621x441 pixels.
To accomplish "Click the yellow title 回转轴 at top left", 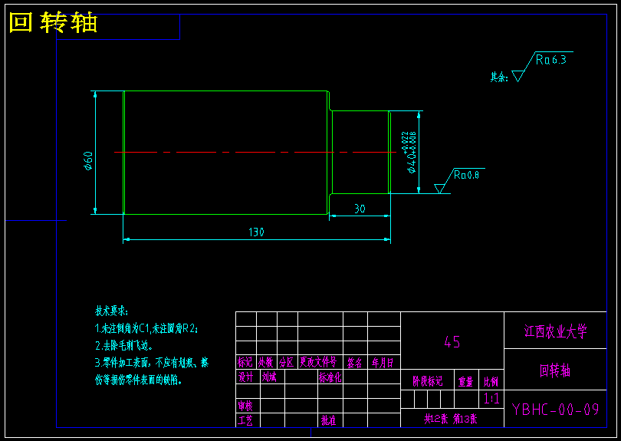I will [x=53, y=23].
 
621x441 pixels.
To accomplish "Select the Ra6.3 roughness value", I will [x=550, y=59].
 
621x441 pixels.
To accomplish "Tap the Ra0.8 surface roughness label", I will [x=466, y=175].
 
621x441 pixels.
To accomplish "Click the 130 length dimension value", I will [x=256, y=232].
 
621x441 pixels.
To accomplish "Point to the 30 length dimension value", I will [x=360, y=209].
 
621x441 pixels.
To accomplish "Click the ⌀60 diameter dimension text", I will [x=88, y=161].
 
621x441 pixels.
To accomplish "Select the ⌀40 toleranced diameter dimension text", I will [x=411, y=152].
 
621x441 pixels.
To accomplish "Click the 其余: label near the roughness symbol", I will [x=499, y=77].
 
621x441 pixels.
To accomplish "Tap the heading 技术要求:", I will [x=112, y=311].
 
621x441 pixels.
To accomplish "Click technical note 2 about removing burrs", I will [x=124, y=345].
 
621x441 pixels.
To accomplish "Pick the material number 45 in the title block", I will [x=452, y=342].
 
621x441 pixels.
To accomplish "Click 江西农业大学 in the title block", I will [x=555, y=331].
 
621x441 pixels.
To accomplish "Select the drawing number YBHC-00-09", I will [x=555, y=409].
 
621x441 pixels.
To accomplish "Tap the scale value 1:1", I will [x=491, y=399].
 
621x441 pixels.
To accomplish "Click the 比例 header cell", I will [x=491, y=380].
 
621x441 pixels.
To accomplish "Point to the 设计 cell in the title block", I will [x=245, y=377].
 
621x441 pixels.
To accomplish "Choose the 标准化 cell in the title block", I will [x=330, y=377].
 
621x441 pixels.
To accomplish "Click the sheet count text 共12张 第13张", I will [x=451, y=419].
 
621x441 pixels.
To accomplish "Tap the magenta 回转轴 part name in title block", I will [x=555, y=370].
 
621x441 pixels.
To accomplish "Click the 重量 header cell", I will [x=465, y=380].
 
